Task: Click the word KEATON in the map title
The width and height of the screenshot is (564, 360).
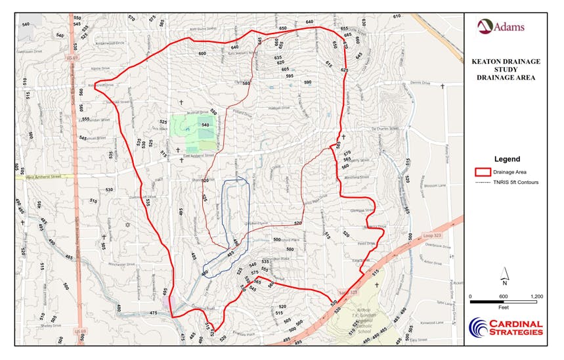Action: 488,61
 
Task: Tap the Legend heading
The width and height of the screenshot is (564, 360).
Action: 506,159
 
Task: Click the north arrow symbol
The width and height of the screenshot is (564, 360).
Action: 505,275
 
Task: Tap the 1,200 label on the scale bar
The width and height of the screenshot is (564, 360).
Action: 536,297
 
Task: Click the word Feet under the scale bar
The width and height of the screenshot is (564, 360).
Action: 504,307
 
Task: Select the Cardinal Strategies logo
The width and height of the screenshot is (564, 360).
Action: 506,326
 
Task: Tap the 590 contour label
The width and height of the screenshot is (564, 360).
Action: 307,82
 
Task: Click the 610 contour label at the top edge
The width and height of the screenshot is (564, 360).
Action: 397,16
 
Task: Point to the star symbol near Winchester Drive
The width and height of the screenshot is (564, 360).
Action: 127,225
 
